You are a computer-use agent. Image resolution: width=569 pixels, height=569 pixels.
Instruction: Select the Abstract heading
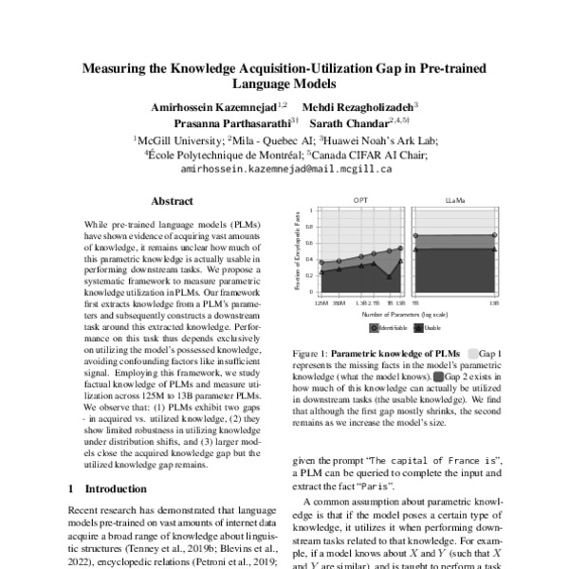point(173,201)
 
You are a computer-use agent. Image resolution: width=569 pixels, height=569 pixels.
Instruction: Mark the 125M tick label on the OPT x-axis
point(322,303)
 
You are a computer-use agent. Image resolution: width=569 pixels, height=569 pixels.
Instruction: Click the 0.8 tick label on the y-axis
point(311,228)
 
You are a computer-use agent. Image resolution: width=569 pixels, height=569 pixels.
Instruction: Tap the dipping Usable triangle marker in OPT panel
point(389,276)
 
